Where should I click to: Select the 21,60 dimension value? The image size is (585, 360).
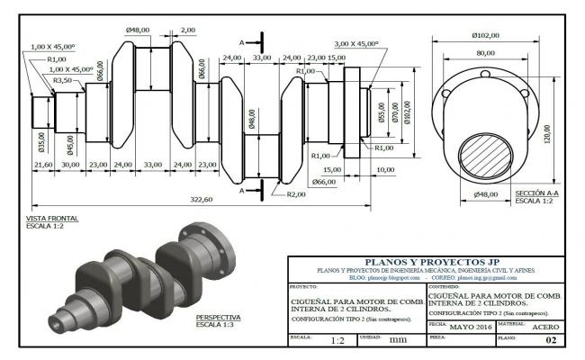coord(42,165)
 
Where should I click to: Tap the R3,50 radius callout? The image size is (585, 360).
coord(63,81)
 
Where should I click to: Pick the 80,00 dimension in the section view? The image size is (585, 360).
coord(485,53)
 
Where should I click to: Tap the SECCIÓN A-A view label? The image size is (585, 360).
coord(536,193)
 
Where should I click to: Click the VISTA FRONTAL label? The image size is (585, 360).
coord(52,218)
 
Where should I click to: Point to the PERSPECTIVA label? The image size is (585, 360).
coord(219,317)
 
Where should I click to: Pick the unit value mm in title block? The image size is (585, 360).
coord(397,341)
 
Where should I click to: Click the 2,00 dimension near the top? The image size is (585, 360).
coord(187,31)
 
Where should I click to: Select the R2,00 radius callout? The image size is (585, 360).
coord(297,194)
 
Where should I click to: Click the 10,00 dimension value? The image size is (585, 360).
coord(384,169)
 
